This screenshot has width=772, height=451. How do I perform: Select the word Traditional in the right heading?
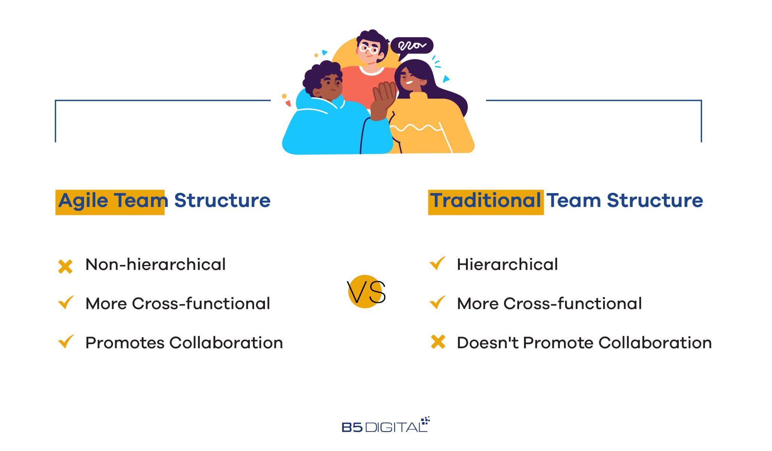click(486, 200)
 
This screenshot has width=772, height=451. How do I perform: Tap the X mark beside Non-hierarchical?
click(65, 267)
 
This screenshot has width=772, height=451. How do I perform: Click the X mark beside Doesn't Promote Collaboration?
click(438, 342)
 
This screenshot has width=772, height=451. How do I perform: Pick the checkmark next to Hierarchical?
click(437, 264)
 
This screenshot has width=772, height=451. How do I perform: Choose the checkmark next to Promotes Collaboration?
click(66, 342)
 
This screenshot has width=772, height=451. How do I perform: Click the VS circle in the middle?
click(365, 292)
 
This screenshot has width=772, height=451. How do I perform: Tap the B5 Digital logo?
click(386, 425)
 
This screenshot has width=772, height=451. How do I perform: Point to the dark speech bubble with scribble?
click(412, 47)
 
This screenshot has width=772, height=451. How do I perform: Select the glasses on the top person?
click(369, 49)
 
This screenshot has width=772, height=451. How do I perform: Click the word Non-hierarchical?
click(156, 264)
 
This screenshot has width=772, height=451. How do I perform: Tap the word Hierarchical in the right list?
click(507, 264)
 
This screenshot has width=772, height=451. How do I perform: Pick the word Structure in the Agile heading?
click(222, 200)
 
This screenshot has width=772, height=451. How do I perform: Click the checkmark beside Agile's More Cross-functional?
click(66, 303)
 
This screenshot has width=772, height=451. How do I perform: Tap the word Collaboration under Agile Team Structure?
click(226, 343)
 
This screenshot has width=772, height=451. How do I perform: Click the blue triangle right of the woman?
click(446, 79)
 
